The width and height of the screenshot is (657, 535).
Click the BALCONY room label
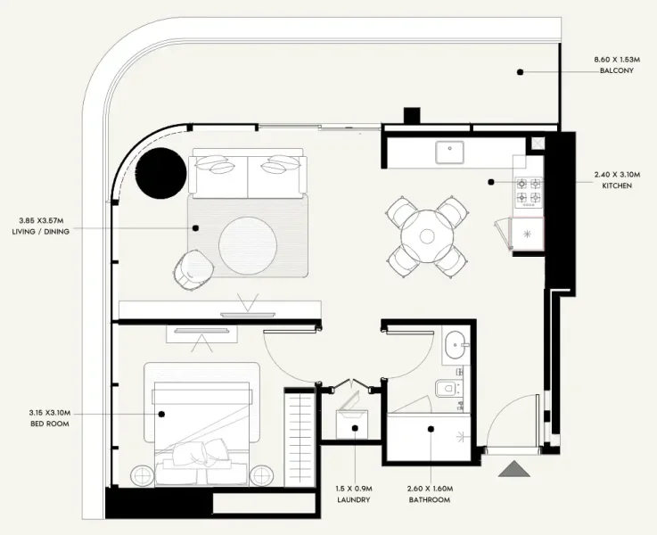click(617, 70)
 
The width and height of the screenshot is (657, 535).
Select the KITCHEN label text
click(617, 186)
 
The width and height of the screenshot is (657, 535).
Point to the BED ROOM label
click(50, 423)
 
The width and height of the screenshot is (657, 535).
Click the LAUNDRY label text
click(355, 500)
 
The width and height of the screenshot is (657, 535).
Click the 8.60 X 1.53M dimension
click(617, 60)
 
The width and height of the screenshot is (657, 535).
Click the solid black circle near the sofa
click(161, 172)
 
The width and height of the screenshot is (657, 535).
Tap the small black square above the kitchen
click(412, 116)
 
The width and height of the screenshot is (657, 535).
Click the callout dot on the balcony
click(521, 70)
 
